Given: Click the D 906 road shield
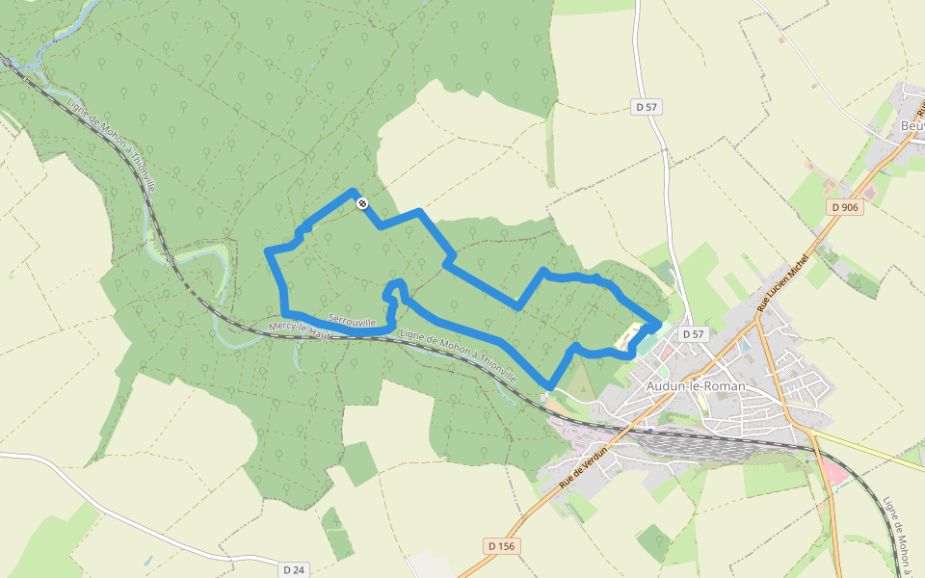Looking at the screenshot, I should [x=846, y=207].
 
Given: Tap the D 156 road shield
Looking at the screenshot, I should [x=502, y=546].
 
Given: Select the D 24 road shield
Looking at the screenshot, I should [x=294, y=569].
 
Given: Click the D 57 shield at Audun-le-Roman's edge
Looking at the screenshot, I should [x=694, y=334].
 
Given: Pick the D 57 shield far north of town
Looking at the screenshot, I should [x=646, y=107].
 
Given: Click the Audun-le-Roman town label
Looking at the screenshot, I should [x=691, y=385].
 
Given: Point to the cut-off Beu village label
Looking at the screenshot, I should [x=911, y=126].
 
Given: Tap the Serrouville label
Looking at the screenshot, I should [x=352, y=320].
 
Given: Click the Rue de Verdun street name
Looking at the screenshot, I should [x=583, y=471].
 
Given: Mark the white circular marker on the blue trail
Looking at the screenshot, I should [x=361, y=203].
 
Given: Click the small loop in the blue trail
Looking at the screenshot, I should [x=393, y=289].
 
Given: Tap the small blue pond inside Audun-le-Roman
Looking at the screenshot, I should [x=745, y=344].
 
